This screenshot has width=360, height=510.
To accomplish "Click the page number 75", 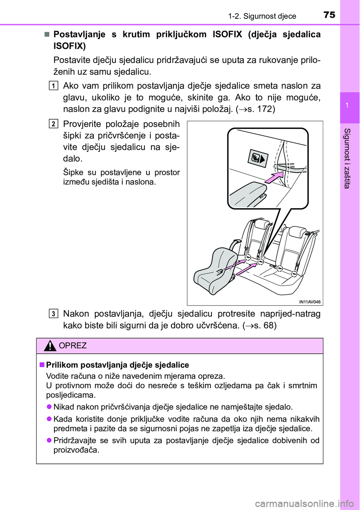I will pyautogui.click(x=329, y=15).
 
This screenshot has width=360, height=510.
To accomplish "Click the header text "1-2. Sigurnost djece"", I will pyautogui.click(x=262, y=16).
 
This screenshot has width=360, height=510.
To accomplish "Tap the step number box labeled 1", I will pyautogui.click(x=54, y=86).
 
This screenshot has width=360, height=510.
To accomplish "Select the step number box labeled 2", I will pyautogui.click(x=54, y=124).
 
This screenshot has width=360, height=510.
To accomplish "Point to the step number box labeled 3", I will pyautogui.click(x=54, y=314).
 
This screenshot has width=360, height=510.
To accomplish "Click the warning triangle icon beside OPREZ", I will pyautogui.click(x=50, y=345).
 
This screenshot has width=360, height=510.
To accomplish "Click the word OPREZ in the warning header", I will pyautogui.click(x=73, y=346).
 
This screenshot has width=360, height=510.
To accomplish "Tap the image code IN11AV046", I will pyautogui.click(x=310, y=302).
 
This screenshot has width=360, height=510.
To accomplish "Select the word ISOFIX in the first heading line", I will pyautogui.click(x=227, y=34).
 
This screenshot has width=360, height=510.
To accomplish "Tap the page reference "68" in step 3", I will pyautogui.click(x=268, y=325).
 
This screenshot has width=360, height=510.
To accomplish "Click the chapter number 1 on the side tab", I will pyautogui.click(x=347, y=105).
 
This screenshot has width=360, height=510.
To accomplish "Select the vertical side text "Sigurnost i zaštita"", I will pyautogui.click(x=347, y=158).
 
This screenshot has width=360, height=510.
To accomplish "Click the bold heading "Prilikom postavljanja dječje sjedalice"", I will pyautogui.click(x=117, y=365).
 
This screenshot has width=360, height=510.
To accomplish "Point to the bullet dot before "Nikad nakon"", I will pyautogui.click(x=49, y=407).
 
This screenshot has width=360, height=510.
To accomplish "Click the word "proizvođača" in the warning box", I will pyautogui.click(x=76, y=450).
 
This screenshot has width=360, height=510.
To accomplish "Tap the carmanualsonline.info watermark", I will pyautogui.click(x=304, y=503).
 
